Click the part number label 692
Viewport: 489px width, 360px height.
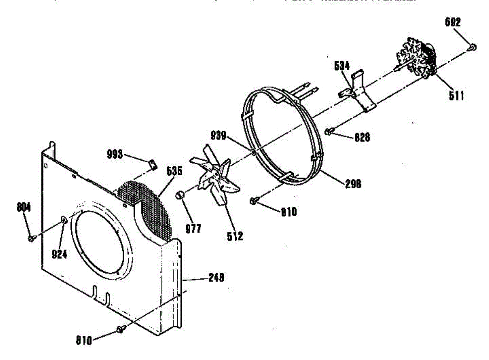(x=453, y=23)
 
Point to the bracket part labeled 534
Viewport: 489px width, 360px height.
(x=361, y=92)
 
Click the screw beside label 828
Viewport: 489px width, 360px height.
(x=329, y=131)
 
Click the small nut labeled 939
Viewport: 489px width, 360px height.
(x=253, y=153)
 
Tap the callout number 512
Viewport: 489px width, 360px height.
(x=235, y=236)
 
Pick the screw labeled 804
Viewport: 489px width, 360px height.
(x=31, y=239)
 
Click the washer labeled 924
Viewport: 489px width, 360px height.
(x=64, y=220)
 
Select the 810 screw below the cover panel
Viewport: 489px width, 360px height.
(x=120, y=328)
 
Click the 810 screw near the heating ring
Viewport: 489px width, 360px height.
(x=253, y=200)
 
